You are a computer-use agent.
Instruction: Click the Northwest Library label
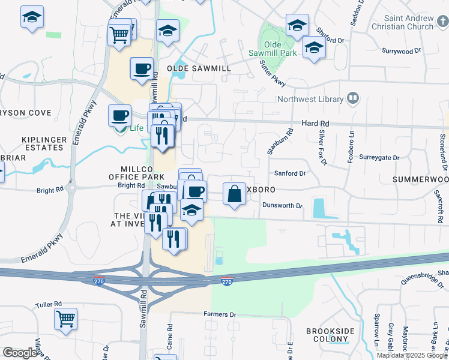tap(310, 100)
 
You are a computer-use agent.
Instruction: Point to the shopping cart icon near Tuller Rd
tap(66, 319)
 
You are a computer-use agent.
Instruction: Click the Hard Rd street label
tap(313, 123)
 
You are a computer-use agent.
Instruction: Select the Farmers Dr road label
tap(220, 314)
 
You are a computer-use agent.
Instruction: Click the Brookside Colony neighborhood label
tap(330, 335)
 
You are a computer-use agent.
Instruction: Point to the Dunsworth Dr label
tap(282, 206)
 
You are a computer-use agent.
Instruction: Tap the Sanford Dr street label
tap(290, 173)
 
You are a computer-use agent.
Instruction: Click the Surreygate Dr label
tap(379, 158)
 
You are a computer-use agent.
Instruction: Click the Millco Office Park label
tap(136, 173)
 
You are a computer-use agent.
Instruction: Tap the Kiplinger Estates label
tap(44, 143)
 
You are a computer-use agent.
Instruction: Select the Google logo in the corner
tap(20, 353)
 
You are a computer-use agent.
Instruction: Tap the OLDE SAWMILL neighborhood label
tap(203, 69)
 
